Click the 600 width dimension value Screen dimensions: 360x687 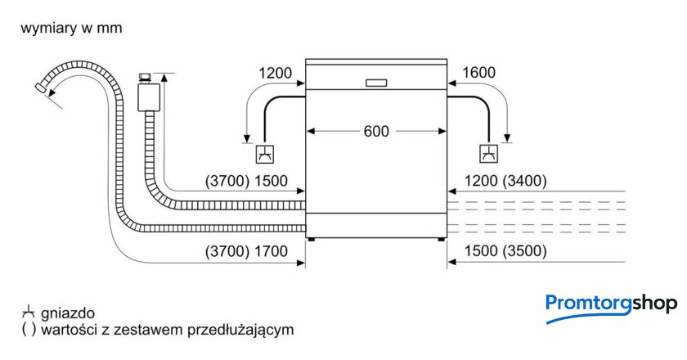(x=376, y=131)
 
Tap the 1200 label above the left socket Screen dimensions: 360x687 (x=275, y=73)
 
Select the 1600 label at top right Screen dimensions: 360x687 (x=478, y=73)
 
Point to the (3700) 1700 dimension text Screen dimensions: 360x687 (x=247, y=252)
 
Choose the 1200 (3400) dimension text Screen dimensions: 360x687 (x=505, y=181)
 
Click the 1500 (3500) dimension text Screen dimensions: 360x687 (x=505, y=252)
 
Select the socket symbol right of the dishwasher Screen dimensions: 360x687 (x=488, y=153)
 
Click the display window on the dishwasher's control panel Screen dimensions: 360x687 (x=376, y=82)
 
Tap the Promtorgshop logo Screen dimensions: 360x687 (x=611, y=305)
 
